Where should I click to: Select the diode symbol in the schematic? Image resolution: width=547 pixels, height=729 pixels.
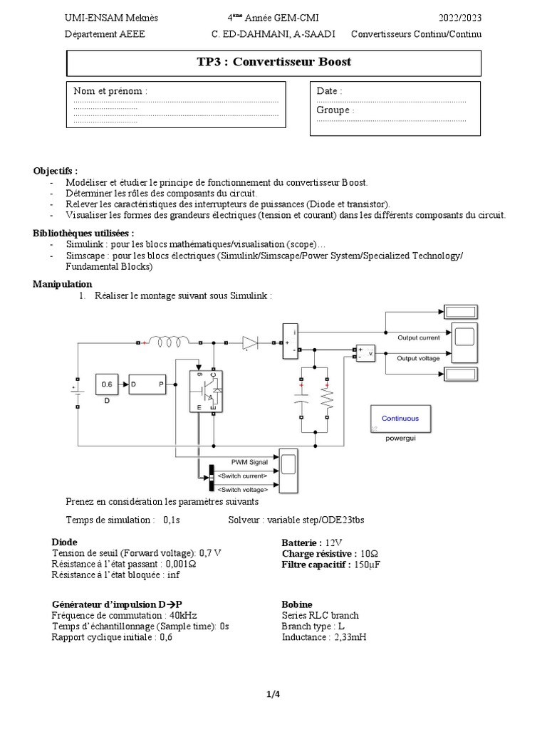[249, 342]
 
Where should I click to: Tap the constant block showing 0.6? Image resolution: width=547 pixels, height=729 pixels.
[108, 384]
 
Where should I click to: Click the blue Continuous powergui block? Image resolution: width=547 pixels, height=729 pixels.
[400, 419]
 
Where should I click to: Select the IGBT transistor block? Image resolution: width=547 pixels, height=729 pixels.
[207, 391]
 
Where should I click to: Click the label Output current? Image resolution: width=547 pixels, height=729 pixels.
[418, 337]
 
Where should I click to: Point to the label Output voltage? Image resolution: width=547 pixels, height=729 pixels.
[418, 358]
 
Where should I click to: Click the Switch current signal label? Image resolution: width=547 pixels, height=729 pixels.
[243, 476]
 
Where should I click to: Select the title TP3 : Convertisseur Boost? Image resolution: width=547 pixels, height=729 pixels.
[273, 62]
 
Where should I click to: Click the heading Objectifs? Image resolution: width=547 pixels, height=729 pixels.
[55, 171]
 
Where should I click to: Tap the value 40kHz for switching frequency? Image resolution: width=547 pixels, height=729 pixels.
[183, 615]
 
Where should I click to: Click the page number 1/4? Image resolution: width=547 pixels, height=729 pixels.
[273, 696]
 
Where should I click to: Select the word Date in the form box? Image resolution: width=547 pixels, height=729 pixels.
[328, 91]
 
